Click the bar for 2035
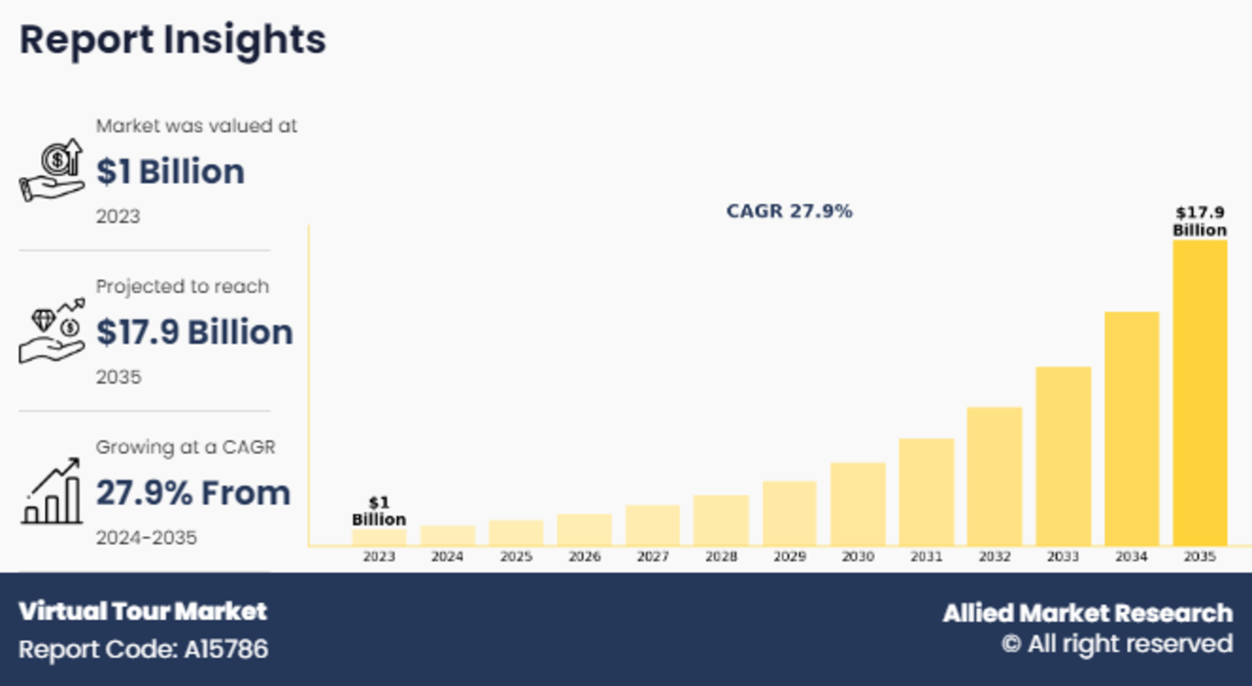pos(1199,392)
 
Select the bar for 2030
pos(858,504)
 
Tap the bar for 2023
pos(379,537)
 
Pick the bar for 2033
pos(1063,456)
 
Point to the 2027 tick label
pos(653,557)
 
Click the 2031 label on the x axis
pos(926,557)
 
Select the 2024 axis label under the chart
pos(447,557)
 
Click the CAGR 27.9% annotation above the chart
pos(789,211)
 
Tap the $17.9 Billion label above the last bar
pos(1199,221)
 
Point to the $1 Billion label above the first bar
pos(379,511)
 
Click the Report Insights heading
pos(173,39)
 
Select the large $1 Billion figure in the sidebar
pos(170,171)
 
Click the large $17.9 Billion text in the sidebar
pos(194,332)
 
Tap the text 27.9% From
pos(193,493)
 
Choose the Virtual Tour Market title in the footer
pos(142,611)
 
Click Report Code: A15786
pos(143,649)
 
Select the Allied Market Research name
pos(1088,613)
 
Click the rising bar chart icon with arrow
pos(51,491)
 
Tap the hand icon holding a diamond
pos(51,331)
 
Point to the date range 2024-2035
pos(146,538)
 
